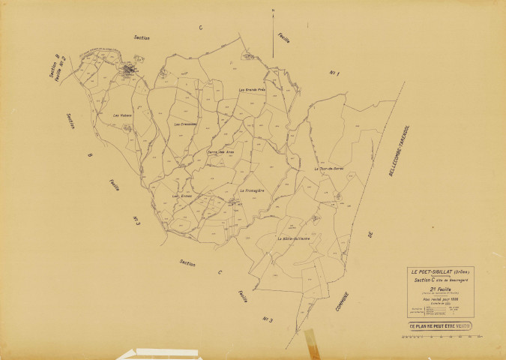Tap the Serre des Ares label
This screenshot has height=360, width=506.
(222, 152)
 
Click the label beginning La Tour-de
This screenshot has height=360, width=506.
(327, 169)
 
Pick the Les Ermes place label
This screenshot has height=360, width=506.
(183, 196)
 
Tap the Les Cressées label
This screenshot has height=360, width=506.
(185, 124)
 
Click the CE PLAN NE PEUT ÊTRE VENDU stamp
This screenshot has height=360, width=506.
(440, 326)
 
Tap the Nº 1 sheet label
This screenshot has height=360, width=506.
(335, 73)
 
